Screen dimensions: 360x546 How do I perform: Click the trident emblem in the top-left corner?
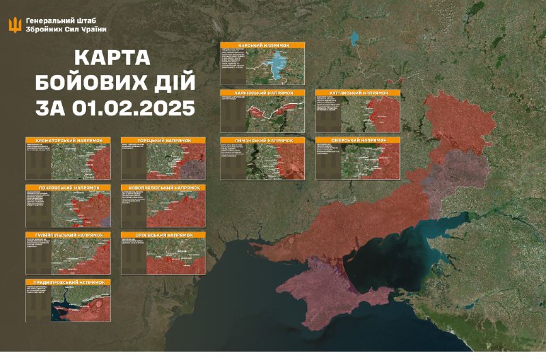pyautogui.click(x=14, y=25)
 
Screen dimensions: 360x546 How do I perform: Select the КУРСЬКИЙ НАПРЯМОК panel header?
pyautogui.click(x=262, y=44)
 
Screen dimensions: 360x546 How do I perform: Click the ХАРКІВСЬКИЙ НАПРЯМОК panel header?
pyautogui.click(x=262, y=92)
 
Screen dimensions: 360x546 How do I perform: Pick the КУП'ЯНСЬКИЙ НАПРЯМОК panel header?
pyautogui.click(x=358, y=92)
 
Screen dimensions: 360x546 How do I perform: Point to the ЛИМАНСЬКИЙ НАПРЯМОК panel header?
pyautogui.click(x=262, y=140)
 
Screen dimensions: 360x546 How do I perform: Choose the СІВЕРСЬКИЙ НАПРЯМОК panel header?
pyautogui.click(x=358, y=140)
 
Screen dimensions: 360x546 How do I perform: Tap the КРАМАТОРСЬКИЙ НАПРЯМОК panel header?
pyautogui.click(x=68, y=140)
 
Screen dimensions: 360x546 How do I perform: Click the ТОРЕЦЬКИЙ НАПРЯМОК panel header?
pyautogui.click(x=163, y=140)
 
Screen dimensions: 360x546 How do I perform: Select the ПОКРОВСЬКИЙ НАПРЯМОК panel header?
pyautogui.click(x=68, y=186)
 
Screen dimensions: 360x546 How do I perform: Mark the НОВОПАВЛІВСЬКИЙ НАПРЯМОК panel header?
pyautogui.click(x=163, y=186)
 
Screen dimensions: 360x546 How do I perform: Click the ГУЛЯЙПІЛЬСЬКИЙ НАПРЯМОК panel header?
pyautogui.click(x=68, y=234)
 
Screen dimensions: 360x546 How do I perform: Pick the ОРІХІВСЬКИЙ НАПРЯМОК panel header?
pyautogui.click(x=163, y=234)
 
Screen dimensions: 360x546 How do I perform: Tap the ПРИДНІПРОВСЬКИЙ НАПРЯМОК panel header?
pyautogui.click(x=68, y=281)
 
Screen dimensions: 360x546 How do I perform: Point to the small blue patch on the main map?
pyautogui.click(x=354, y=39)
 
